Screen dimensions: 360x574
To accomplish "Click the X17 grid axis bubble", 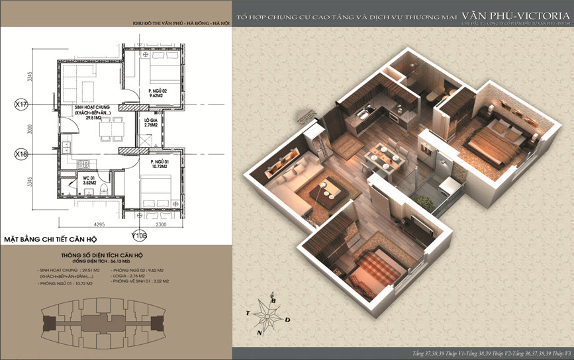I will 21,104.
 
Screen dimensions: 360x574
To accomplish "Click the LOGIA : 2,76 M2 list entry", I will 129,276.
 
